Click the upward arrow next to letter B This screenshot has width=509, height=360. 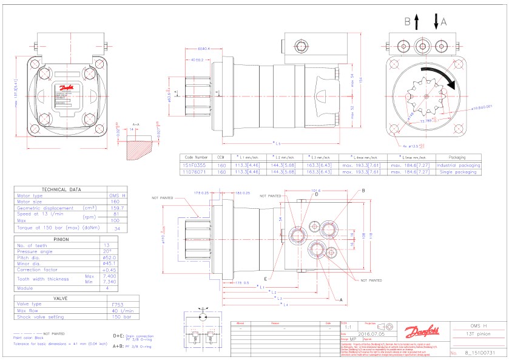tap(416, 23)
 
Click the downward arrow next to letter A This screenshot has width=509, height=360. tap(436, 23)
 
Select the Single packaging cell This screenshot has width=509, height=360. tap(458, 172)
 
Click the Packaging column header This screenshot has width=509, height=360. tap(458, 157)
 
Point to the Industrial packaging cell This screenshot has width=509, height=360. tap(458, 165)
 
